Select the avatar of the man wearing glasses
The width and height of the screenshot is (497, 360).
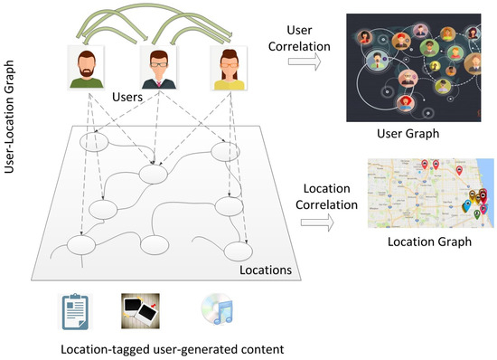(156, 68)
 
